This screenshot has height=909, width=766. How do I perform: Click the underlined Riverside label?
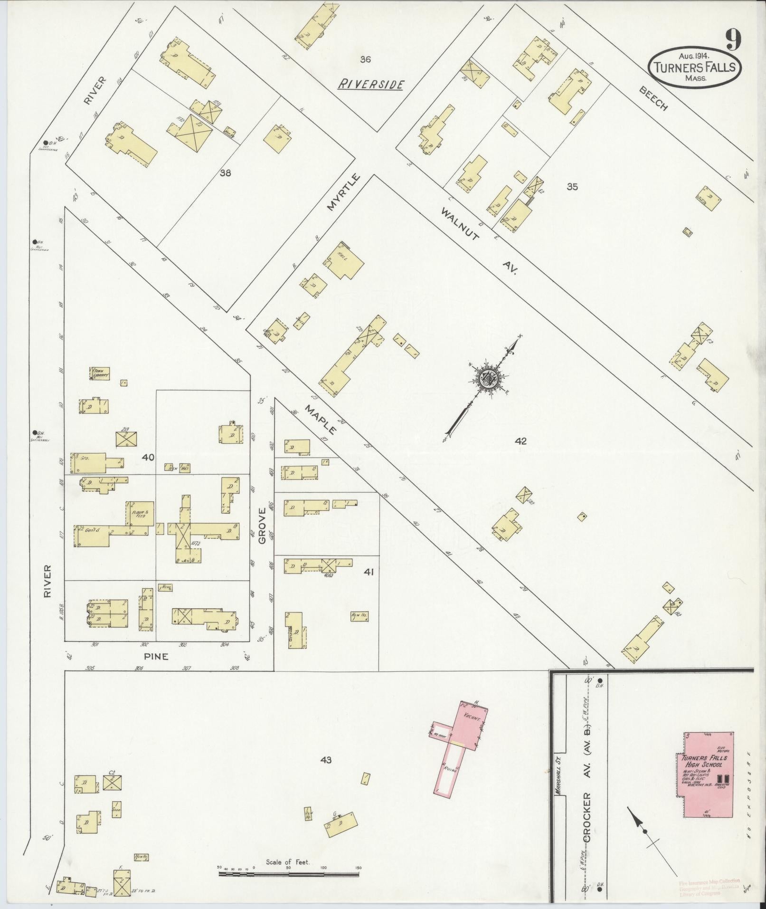pyautogui.click(x=371, y=85)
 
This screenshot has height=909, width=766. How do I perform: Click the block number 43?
pyautogui.click(x=326, y=760)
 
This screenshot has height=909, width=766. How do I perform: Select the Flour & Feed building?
pyautogui.click(x=140, y=513)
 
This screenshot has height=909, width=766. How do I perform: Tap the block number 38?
pyautogui.click(x=225, y=173)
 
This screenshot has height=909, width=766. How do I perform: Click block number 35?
pyautogui.click(x=572, y=187)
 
